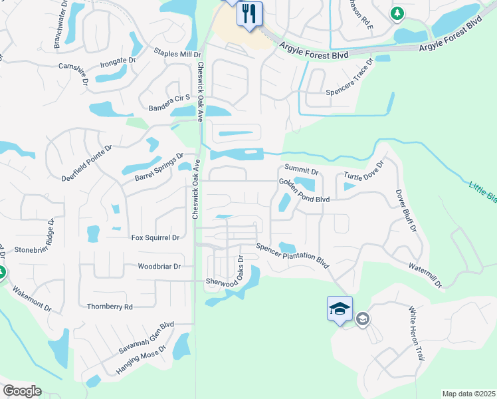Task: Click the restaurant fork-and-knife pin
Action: pos(250,13)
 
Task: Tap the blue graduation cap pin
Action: pos(339,309)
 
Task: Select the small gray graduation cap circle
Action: pos(362,319)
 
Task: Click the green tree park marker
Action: pos(397,13)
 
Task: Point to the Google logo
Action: pos(22,391)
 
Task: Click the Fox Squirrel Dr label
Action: pos(155,237)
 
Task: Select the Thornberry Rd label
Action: pos(110,307)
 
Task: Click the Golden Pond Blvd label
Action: pos(304,190)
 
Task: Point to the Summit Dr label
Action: pos(302,172)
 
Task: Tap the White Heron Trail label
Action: pos(415,334)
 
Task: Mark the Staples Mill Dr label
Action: pos(177,53)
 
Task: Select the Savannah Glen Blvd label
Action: pos(146,338)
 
